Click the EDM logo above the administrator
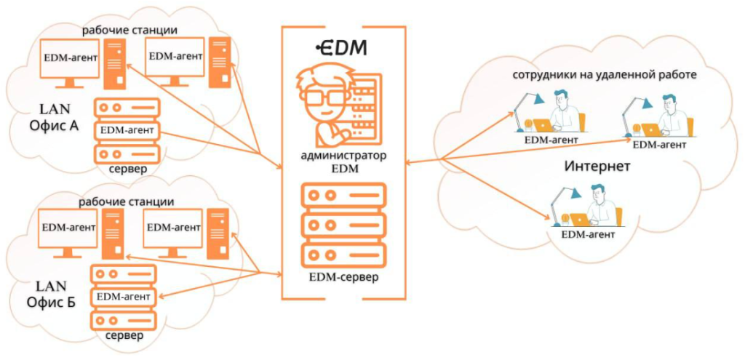341,48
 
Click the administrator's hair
323,76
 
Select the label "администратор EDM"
342,162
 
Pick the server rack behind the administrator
363,108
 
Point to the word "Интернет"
597,167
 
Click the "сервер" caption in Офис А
126,169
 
